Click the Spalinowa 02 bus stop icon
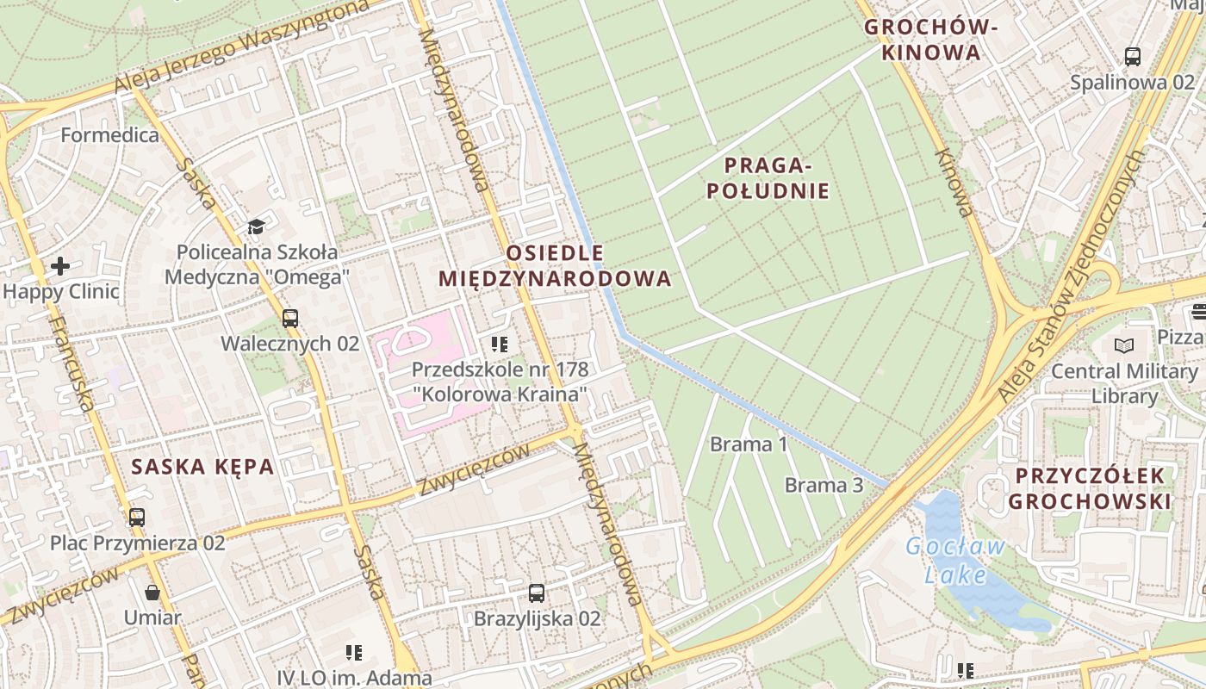point(1133,57)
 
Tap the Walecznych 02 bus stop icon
point(290,318)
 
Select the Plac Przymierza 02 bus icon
point(137,517)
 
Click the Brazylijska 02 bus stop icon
point(537,593)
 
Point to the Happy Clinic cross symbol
point(60,265)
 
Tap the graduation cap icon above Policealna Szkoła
point(256,227)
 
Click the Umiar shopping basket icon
point(152,593)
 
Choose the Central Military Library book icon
point(1124,345)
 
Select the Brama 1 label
point(749,444)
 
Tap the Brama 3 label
point(824,485)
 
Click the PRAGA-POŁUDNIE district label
point(768,177)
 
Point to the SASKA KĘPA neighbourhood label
point(202,467)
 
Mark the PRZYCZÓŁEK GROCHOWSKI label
point(1090,487)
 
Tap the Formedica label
point(109,135)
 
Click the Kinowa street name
point(954,182)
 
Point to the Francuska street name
point(71,362)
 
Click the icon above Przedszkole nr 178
point(500,344)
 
